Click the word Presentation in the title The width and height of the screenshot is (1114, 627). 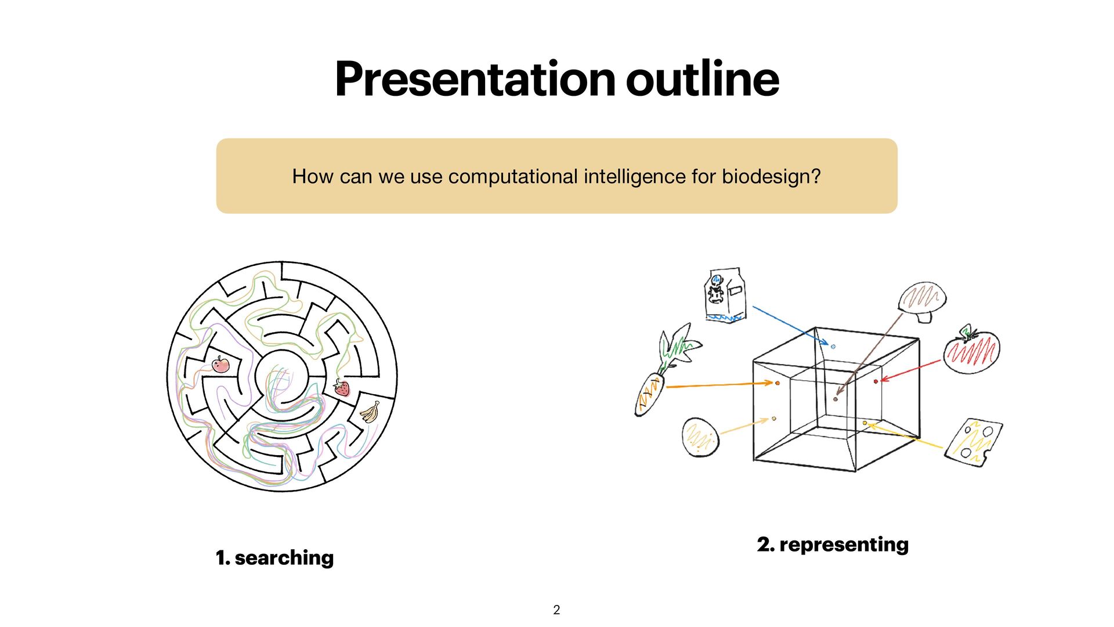click(x=475, y=80)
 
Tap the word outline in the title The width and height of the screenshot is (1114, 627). click(x=702, y=80)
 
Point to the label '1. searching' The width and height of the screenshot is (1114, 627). click(x=274, y=558)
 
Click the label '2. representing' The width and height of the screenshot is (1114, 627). click(x=833, y=545)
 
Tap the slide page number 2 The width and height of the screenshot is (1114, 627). click(x=556, y=610)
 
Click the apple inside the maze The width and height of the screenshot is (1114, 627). click(x=220, y=365)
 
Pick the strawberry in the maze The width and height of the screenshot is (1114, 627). click(x=342, y=387)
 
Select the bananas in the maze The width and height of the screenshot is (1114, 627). click(x=370, y=412)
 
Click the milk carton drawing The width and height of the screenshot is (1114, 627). click(x=725, y=294)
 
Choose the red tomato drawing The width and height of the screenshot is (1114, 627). click(x=971, y=351)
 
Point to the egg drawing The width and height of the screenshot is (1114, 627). click(x=700, y=437)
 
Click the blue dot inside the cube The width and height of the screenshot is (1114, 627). click(x=833, y=347)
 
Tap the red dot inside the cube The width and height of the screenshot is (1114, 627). click(x=876, y=381)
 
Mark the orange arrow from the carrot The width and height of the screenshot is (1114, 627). click(x=719, y=385)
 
